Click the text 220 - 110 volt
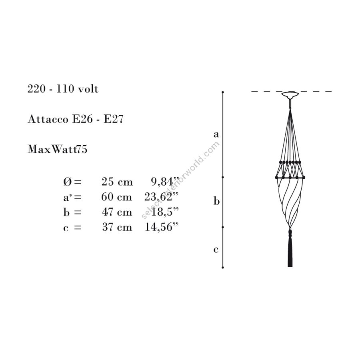tap(63, 89)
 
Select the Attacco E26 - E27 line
tap(76, 119)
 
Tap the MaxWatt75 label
tap(57, 149)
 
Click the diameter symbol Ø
tap(68, 182)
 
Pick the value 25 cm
tap(117, 182)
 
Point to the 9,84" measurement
tap(165, 182)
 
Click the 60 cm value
tap(117, 197)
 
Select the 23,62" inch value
tap(162, 197)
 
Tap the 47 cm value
tap(117, 212)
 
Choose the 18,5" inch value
tap(165, 212)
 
